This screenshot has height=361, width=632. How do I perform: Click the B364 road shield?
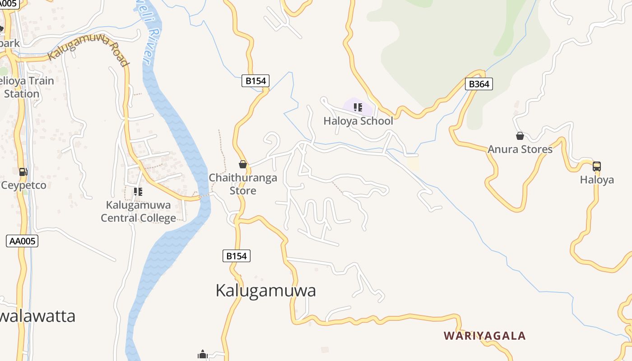pyautogui.click(x=479, y=84)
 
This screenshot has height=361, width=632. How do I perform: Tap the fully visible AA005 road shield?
pyautogui.click(x=22, y=241)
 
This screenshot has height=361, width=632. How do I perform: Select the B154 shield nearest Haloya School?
pyautogui.click(x=256, y=81)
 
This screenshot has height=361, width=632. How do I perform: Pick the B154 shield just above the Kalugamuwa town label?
pyautogui.click(x=237, y=256)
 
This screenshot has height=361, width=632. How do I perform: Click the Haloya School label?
pyautogui.click(x=358, y=121)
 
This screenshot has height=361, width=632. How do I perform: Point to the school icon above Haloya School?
pyautogui.click(x=358, y=107)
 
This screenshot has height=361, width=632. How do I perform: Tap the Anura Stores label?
pyautogui.click(x=520, y=149)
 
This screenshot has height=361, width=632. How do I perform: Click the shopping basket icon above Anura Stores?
pyautogui.click(x=520, y=136)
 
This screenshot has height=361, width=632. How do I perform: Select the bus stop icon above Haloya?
pyautogui.click(x=597, y=167)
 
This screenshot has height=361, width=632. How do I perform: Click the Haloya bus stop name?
pyautogui.click(x=597, y=180)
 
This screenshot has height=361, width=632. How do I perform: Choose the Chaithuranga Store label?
pyautogui.click(x=243, y=184)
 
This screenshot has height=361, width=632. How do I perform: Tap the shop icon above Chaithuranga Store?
pyautogui.click(x=243, y=164)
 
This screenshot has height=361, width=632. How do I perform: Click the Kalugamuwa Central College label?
pyautogui.click(x=138, y=212)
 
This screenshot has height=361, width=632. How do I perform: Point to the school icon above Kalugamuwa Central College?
pyautogui.click(x=138, y=192)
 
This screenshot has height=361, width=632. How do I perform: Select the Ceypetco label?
pyautogui.click(x=23, y=185)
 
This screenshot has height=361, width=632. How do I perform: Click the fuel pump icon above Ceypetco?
pyautogui.click(x=23, y=171)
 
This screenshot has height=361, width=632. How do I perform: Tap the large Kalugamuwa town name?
pyautogui.click(x=265, y=291)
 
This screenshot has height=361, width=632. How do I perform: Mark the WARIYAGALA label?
pyautogui.click(x=484, y=336)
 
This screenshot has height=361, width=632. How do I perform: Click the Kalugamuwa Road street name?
pyautogui.click(x=88, y=50)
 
